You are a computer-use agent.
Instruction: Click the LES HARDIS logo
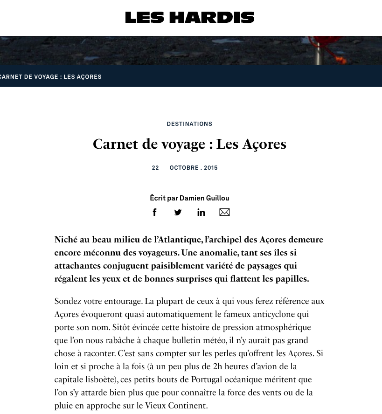coord(189,18)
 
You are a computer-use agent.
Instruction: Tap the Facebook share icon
coord(155,212)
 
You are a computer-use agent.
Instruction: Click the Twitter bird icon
coord(178,212)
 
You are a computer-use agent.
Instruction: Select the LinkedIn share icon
coord(201,212)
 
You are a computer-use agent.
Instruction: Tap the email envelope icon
coord(224,212)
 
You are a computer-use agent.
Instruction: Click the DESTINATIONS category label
coord(189,124)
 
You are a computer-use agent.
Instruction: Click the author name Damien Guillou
coord(204,198)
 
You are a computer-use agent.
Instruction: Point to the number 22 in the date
coord(155,168)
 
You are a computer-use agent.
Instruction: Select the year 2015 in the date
coord(211,168)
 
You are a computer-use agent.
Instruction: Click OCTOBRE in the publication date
coord(184,168)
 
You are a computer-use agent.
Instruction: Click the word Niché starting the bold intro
coord(66,240)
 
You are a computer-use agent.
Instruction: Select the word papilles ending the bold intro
coord(291,279)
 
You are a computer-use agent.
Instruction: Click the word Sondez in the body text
coord(69,301)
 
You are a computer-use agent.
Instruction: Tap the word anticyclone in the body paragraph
coord(274,314)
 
